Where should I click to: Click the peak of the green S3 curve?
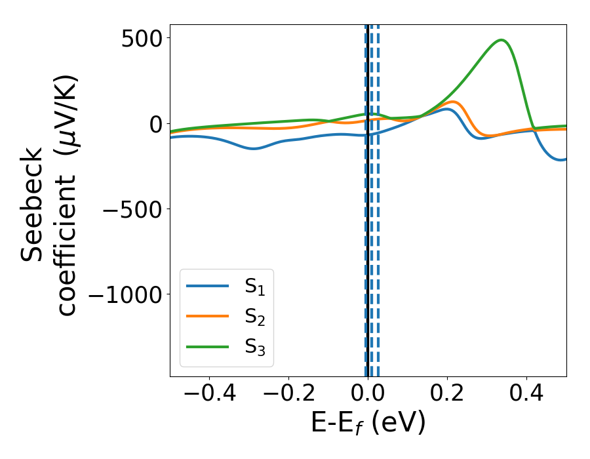(x=501, y=40)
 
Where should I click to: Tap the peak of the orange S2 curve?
(x=452, y=102)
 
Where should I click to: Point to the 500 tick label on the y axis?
(x=142, y=37)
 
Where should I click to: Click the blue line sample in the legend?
(x=208, y=286)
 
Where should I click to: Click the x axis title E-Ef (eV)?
(x=368, y=423)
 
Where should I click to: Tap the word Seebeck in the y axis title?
(x=31, y=204)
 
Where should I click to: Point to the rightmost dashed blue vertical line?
(x=378, y=197)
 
